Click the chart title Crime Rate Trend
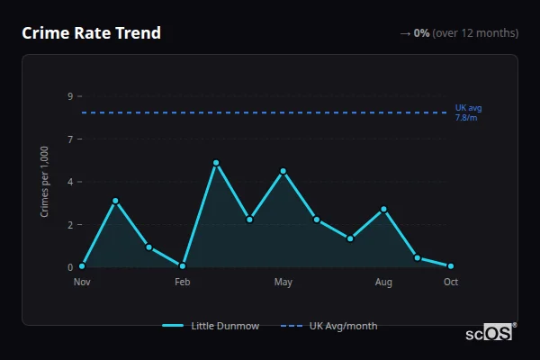pyautogui.click(x=91, y=33)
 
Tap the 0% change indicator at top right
pyautogui.click(x=459, y=33)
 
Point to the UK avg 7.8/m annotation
pyautogui.click(x=468, y=112)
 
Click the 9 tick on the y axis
pyautogui.click(x=70, y=96)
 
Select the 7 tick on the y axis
pyautogui.click(x=70, y=139)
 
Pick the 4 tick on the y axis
pyautogui.click(x=70, y=182)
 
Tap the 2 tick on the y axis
pyautogui.click(x=70, y=225)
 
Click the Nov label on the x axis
pyautogui.click(x=82, y=283)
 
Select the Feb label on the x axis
pyautogui.click(x=183, y=283)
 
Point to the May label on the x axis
pyautogui.click(x=283, y=283)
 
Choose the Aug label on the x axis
pyautogui.click(x=383, y=283)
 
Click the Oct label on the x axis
pyautogui.click(x=451, y=283)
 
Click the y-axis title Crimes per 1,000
pyautogui.click(x=45, y=181)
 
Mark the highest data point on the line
pyautogui.click(x=216, y=163)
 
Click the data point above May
pyautogui.click(x=283, y=171)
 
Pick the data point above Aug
pyautogui.click(x=383, y=210)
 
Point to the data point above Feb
pyautogui.click(x=183, y=265)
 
